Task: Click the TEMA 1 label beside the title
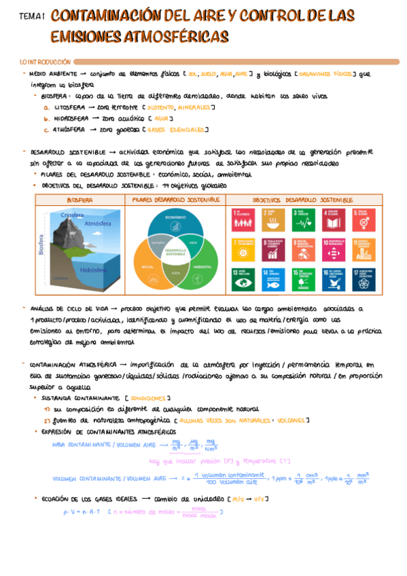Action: tap(32, 16)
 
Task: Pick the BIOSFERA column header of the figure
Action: tap(79, 200)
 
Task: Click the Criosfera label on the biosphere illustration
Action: tap(72, 215)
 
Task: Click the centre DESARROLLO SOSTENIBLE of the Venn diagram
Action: tap(175, 252)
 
